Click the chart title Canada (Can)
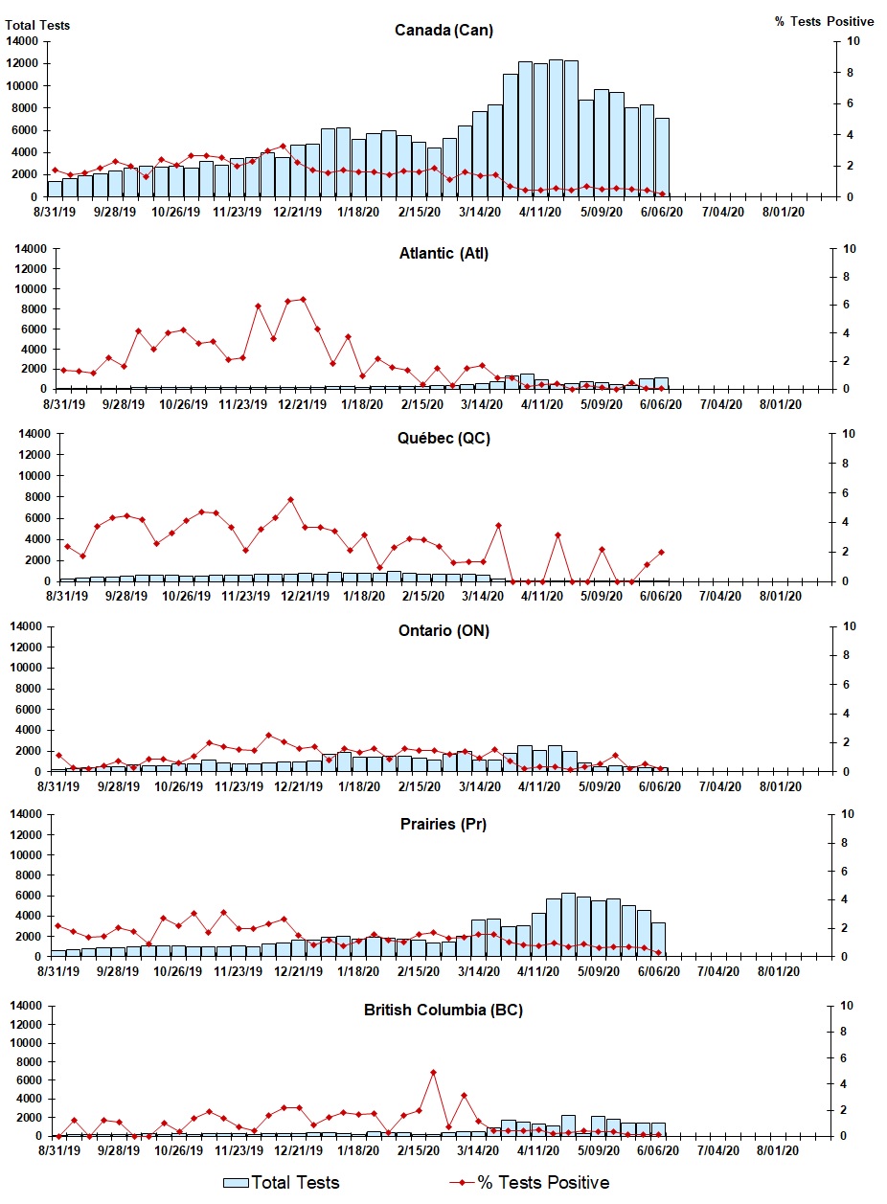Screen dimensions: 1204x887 (x=443, y=30)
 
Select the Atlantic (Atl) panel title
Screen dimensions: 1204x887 (x=443, y=253)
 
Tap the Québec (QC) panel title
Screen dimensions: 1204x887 (x=443, y=439)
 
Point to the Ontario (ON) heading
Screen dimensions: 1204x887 (x=443, y=630)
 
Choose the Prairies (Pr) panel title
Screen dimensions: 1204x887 (x=443, y=824)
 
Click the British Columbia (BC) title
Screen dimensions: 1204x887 (x=443, y=1010)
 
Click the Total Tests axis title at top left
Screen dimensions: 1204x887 (x=38, y=25)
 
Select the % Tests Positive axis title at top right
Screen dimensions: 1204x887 (x=824, y=21)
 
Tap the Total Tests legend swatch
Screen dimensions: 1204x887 (x=237, y=1182)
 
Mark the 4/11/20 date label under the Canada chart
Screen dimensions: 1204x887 (x=539, y=213)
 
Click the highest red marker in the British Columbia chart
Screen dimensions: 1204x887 (x=433, y=1072)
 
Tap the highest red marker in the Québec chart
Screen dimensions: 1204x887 (x=290, y=499)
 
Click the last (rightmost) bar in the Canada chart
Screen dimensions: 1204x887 (x=662, y=157)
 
